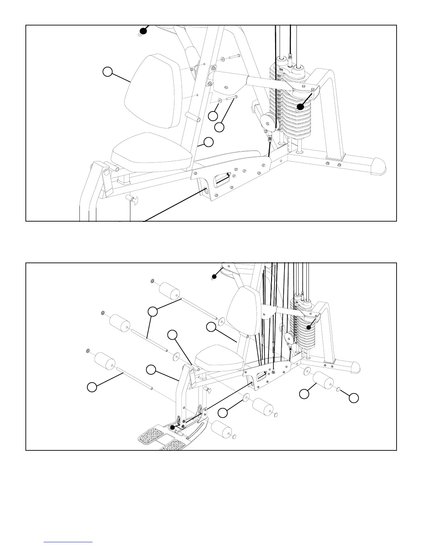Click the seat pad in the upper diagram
pyautogui.click(x=151, y=153)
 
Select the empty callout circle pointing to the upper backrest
pyautogui.click(x=108, y=72)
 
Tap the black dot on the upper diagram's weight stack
pyautogui.click(x=300, y=107)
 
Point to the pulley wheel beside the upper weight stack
pyautogui.click(x=268, y=121)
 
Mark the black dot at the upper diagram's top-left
pyautogui.click(x=143, y=31)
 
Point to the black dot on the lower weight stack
pyautogui.click(x=309, y=328)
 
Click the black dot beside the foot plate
pyautogui.click(x=173, y=427)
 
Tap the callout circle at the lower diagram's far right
pyautogui.click(x=353, y=398)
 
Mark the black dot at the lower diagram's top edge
pyautogui.click(x=214, y=276)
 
